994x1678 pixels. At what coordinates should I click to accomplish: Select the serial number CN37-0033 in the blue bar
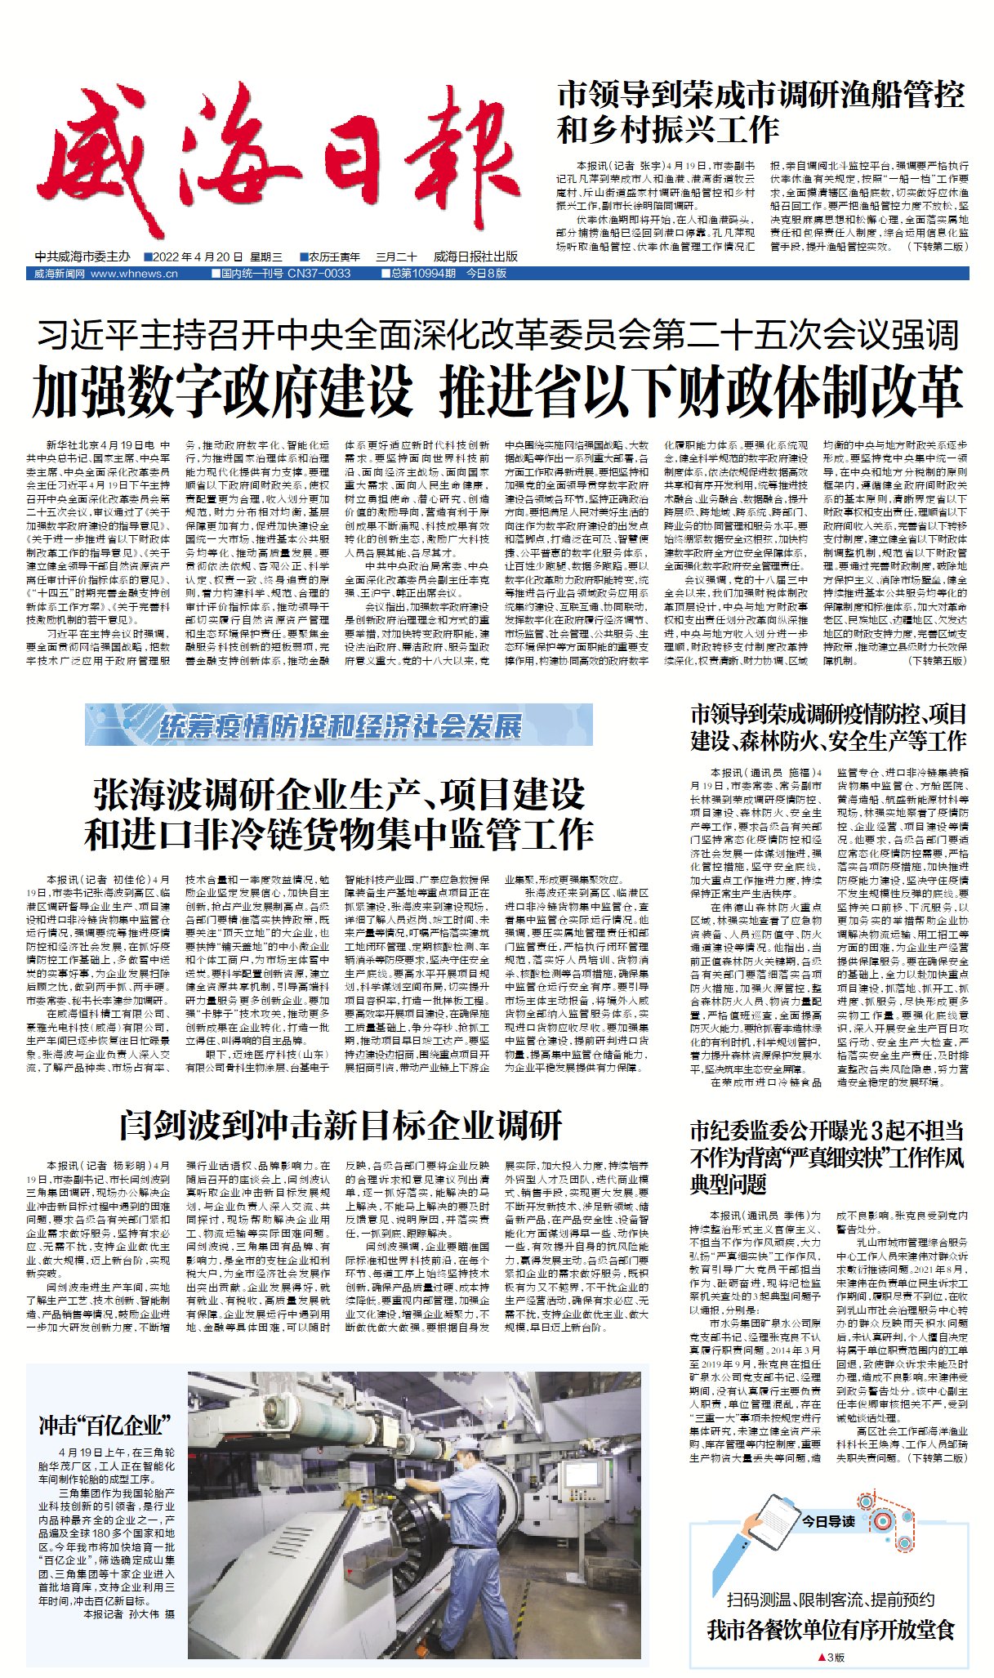(319, 274)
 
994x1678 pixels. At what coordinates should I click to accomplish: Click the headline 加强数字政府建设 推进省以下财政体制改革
(497, 391)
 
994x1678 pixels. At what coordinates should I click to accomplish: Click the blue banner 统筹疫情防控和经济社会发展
(339, 725)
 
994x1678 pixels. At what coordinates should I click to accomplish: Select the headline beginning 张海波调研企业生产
(339, 813)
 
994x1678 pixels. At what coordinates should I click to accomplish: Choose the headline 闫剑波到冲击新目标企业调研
(340, 1125)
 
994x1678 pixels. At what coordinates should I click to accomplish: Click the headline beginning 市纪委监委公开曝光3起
(827, 1157)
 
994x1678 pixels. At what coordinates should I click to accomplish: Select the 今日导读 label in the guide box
(827, 1521)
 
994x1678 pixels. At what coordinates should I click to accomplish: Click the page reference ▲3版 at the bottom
(831, 1658)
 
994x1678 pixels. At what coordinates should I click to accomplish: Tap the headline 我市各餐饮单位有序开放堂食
(831, 1630)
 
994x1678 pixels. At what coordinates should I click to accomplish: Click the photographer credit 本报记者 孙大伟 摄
(128, 1614)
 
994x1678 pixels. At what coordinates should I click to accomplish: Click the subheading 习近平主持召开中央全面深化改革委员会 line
(497, 335)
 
